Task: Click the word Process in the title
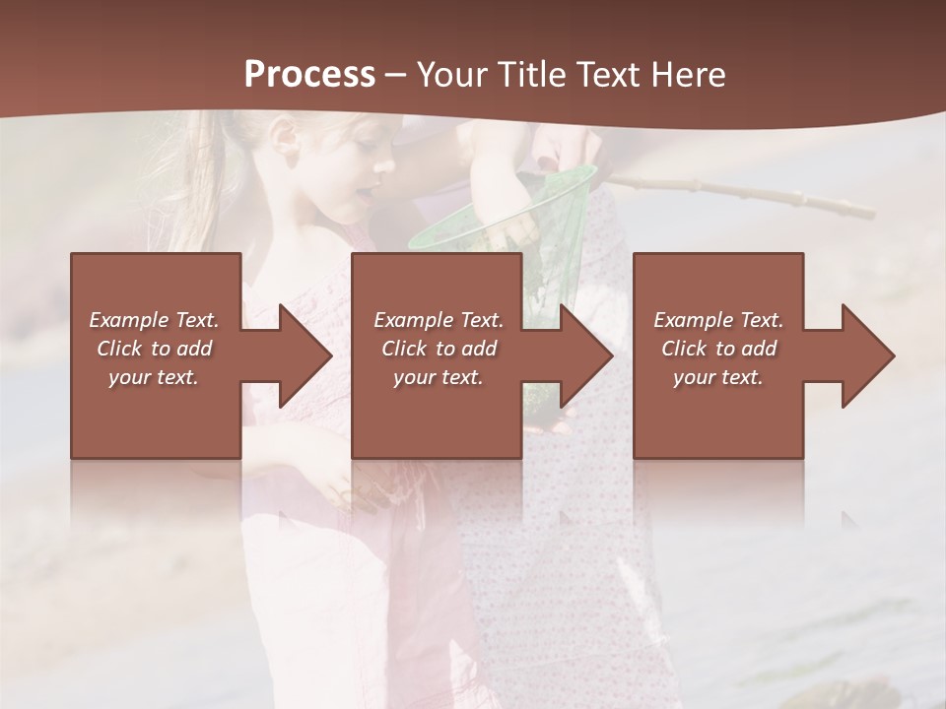309,75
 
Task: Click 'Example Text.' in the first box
154,320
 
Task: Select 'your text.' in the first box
154,377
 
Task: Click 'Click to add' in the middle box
439,349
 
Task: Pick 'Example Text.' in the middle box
439,320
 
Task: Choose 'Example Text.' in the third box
718,320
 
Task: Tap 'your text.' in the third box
718,377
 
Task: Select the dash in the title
396,76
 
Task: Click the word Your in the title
450,75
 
